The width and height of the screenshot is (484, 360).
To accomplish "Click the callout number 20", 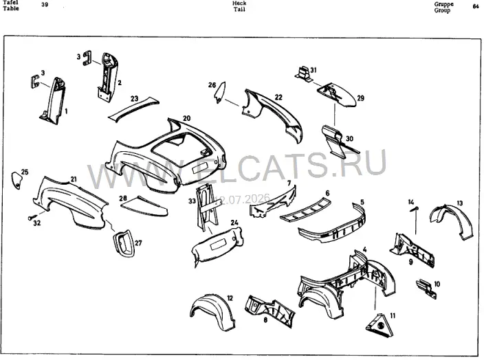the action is (187, 118).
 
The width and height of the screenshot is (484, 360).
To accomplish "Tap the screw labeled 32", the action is (32, 217).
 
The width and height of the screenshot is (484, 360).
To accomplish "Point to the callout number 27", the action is (138, 243).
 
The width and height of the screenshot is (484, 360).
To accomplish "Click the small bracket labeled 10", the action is (426, 289).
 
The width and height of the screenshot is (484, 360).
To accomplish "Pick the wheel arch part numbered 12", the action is (212, 310).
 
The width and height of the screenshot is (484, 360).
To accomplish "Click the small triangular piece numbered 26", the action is (220, 92).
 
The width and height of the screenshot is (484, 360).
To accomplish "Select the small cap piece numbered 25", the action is (16, 180).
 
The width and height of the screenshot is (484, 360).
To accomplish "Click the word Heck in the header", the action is (239, 3).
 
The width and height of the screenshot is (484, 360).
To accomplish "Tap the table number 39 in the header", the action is (45, 5).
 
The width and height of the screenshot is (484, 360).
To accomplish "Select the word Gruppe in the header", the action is (443, 4).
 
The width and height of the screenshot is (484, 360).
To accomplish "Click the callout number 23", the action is (134, 98).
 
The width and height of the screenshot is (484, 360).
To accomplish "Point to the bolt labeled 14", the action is (415, 209).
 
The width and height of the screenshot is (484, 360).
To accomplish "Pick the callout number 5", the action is (362, 202).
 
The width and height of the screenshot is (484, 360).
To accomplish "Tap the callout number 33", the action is (192, 201).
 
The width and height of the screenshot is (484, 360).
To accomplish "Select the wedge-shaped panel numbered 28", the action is (144, 207).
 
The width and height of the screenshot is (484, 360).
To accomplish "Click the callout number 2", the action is (120, 82).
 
